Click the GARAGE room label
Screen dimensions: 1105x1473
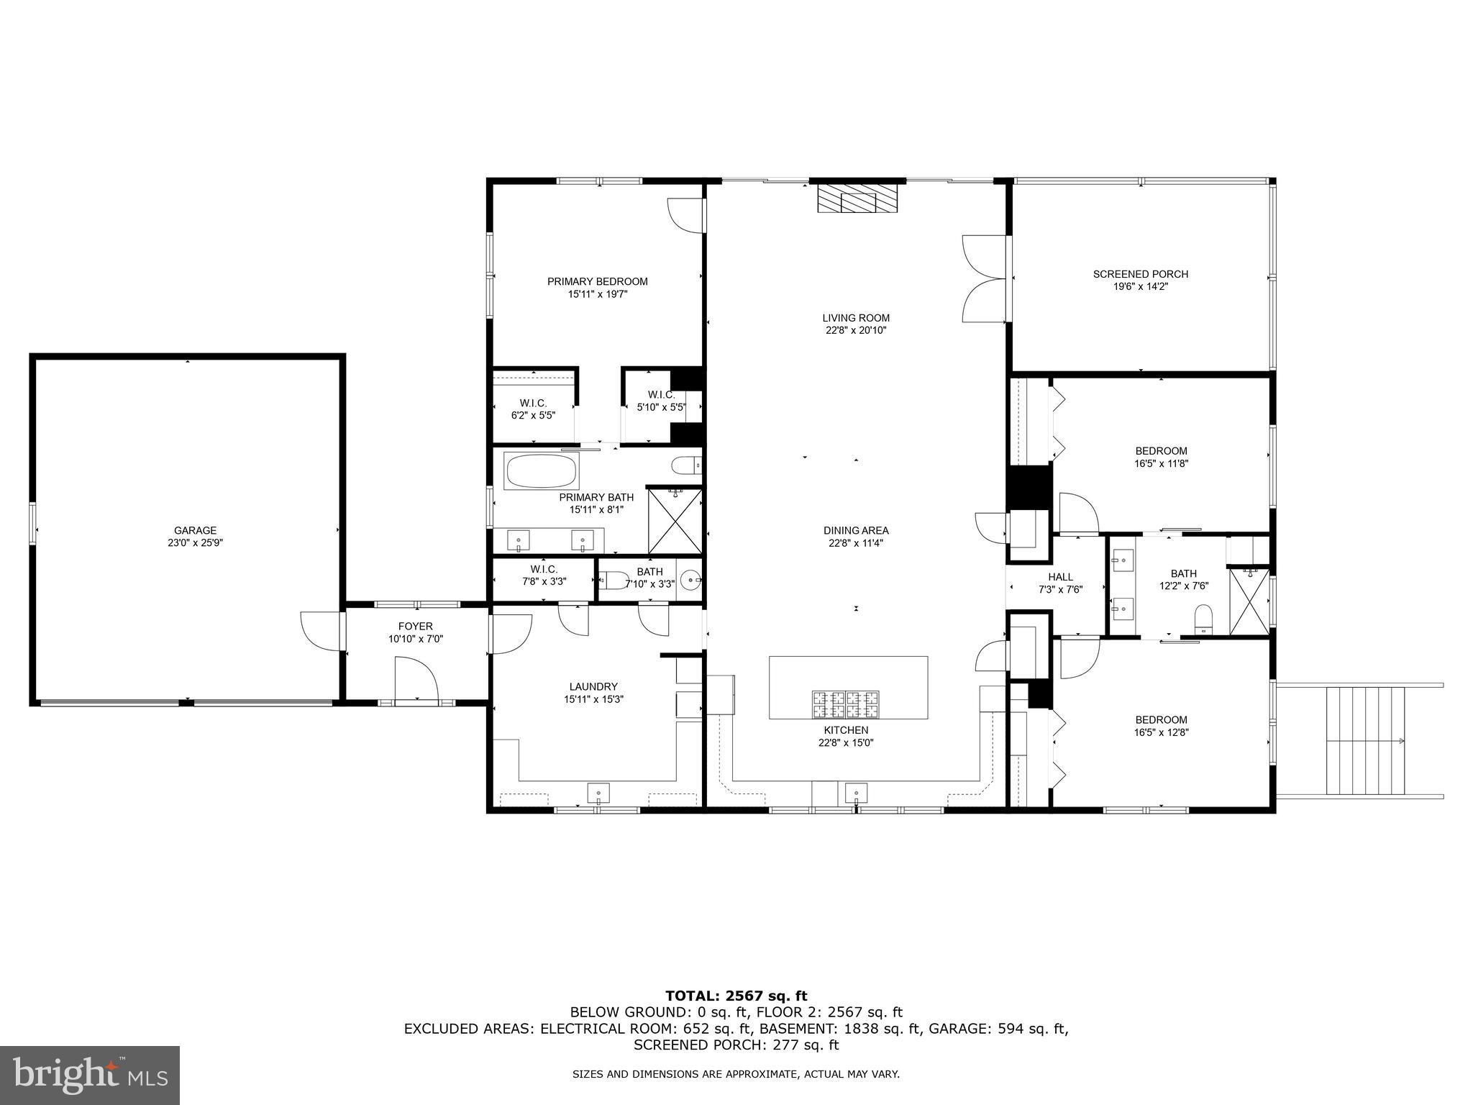(x=195, y=531)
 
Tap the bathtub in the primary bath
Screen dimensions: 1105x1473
(x=542, y=471)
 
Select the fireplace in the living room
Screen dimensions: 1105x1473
(x=858, y=198)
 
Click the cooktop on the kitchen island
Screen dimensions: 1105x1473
(x=846, y=704)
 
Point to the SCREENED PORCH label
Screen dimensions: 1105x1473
(x=1140, y=274)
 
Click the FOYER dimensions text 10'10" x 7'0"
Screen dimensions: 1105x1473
(x=416, y=639)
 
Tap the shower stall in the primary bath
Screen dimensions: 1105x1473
(x=675, y=521)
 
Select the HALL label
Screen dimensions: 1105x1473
(x=1060, y=577)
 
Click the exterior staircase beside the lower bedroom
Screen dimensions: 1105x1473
(x=1364, y=741)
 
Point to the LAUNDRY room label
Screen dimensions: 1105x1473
(x=593, y=686)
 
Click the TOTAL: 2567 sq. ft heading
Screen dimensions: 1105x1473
(x=736, y=996)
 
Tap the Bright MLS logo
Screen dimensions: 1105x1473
(x=90, y=1076)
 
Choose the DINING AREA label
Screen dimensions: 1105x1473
(x=856, y=531)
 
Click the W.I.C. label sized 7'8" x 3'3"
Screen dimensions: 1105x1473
(x=544, y=569)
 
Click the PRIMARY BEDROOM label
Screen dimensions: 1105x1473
(x=597, y=281)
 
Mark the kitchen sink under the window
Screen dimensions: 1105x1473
(x=856, y=793)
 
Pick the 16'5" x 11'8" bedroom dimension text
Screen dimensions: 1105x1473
(x=1161, y=464)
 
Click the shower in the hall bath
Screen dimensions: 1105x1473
(x=1249, y=601)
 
